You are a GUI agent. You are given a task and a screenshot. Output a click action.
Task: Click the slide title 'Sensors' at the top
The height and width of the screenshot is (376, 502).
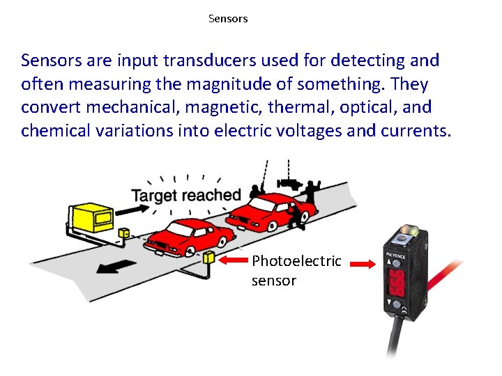[228, 19]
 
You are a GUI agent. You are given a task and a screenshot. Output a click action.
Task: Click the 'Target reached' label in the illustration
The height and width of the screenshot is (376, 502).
[185, 196]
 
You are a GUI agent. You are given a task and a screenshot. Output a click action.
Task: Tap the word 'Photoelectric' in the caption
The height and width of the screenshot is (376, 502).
[296, 261]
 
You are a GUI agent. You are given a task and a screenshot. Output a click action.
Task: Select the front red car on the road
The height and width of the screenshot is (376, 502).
[186, 237]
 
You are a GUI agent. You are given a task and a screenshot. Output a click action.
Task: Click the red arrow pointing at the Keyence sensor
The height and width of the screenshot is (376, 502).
[363, 265]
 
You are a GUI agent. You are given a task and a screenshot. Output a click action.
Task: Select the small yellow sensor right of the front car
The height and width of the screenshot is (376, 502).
[209, 257]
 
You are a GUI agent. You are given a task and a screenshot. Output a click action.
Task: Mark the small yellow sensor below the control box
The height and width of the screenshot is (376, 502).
[124, 233]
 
